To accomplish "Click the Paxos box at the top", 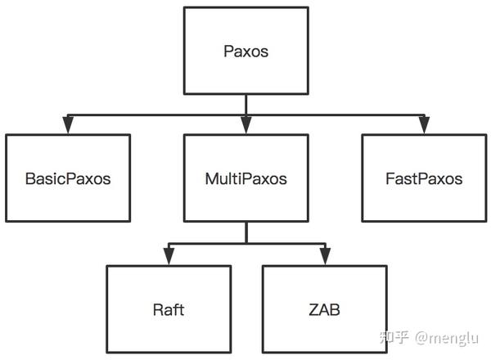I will [245, 51].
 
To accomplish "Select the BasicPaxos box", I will [68, 178].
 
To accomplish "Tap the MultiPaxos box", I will [245, 178].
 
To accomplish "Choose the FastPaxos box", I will [423, 178].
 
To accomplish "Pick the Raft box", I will [169, 310].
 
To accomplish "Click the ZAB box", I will [324, 310].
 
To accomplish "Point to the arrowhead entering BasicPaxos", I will [68, 125].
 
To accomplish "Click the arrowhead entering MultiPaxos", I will [245, 125].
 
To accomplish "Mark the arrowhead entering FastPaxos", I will [423, 125].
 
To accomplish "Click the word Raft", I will [169, 310].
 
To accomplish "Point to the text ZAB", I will [324, 310].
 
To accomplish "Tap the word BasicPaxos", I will [68, 178].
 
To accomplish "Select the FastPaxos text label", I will [423, 178].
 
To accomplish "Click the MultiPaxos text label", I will [245, 178].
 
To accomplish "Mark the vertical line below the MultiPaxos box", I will [245, 232].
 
